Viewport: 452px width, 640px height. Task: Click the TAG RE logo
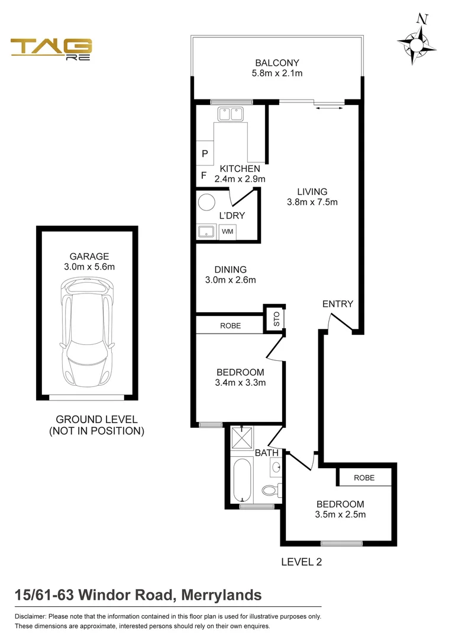click(x=51, y=49)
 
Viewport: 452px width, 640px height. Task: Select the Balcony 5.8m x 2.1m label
click(x=277, y=68)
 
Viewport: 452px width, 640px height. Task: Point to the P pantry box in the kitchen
click(x=205, y=153)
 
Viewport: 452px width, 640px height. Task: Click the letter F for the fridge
click(x=204, y=176)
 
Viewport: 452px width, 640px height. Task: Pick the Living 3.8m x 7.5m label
click(x=312, y=197)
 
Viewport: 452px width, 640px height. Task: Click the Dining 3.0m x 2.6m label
click(x=231, y=275)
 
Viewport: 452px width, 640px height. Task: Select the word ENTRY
click(x=337, y=304)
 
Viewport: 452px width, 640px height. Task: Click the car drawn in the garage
click(x=87, y=332)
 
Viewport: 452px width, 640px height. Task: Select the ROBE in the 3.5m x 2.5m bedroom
click(x=364, y=478)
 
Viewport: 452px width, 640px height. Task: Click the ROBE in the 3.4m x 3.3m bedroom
click(x=230, y=325)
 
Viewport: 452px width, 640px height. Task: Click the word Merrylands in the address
click(x=222, y=594)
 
